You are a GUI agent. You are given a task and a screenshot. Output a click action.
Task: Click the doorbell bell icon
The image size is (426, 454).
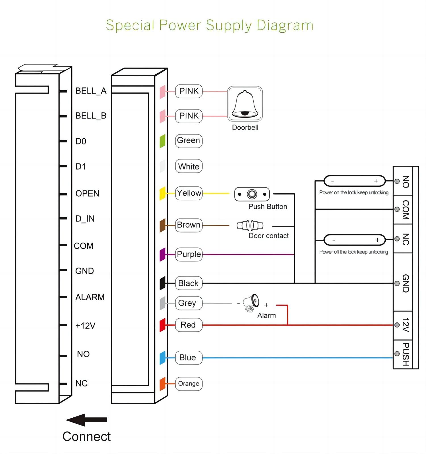245,104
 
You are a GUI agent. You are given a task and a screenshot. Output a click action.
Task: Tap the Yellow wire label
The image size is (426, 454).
189,193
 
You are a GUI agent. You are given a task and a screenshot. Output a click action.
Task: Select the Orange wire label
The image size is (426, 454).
189,384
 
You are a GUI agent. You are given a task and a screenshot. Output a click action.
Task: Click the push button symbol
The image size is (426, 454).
252,194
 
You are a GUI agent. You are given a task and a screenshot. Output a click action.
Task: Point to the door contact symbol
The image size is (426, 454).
250,226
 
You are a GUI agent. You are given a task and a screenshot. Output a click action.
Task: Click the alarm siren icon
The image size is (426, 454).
252,302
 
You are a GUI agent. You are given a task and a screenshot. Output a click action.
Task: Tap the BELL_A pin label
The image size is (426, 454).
91,91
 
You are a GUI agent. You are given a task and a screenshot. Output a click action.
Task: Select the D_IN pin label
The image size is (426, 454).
85,218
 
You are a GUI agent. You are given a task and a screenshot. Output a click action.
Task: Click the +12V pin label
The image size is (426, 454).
85,325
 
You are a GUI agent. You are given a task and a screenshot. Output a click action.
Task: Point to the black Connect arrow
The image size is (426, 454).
86,420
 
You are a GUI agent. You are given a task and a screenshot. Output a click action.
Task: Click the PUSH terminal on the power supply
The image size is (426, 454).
406,354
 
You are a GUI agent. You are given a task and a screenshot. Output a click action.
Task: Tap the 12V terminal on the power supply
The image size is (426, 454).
406,325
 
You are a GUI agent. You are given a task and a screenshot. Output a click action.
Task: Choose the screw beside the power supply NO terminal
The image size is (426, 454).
397,181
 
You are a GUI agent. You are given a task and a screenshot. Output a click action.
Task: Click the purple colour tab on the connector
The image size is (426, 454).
162,255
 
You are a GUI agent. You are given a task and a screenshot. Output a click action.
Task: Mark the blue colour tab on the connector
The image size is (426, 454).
162,358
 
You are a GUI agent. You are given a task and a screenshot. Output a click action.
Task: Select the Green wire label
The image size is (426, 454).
189,141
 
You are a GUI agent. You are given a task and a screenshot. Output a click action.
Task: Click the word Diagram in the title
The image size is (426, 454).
285,26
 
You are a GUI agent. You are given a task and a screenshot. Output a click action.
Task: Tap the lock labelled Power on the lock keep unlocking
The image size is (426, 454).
354,181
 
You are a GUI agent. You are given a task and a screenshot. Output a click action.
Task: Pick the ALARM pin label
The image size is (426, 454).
90,297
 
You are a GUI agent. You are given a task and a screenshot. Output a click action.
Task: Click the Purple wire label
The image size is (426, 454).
189,254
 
